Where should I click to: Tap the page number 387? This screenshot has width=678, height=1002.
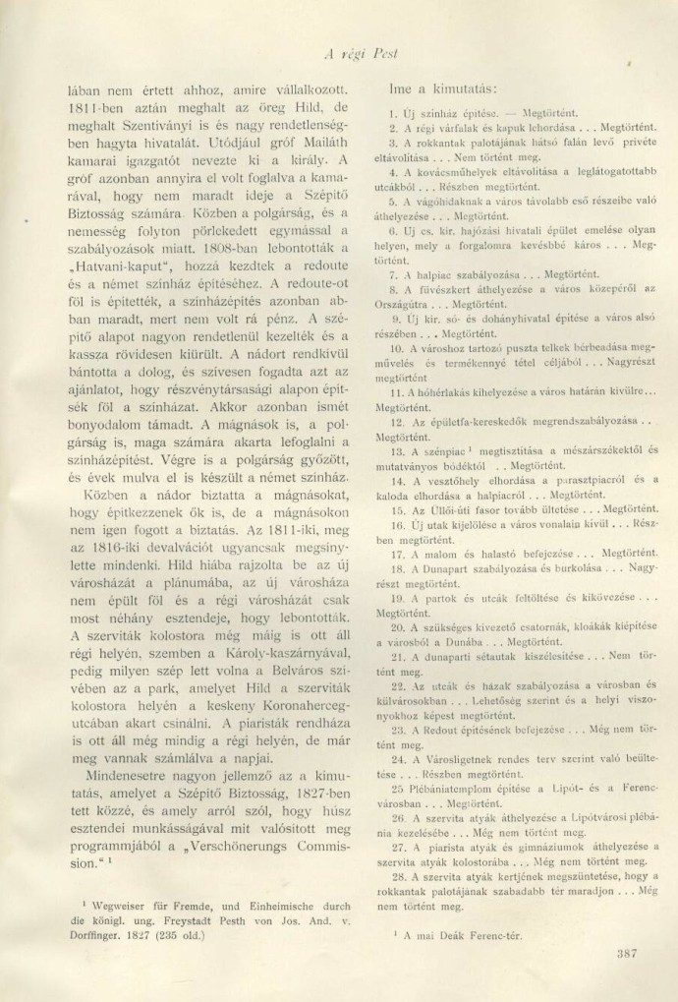625,951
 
